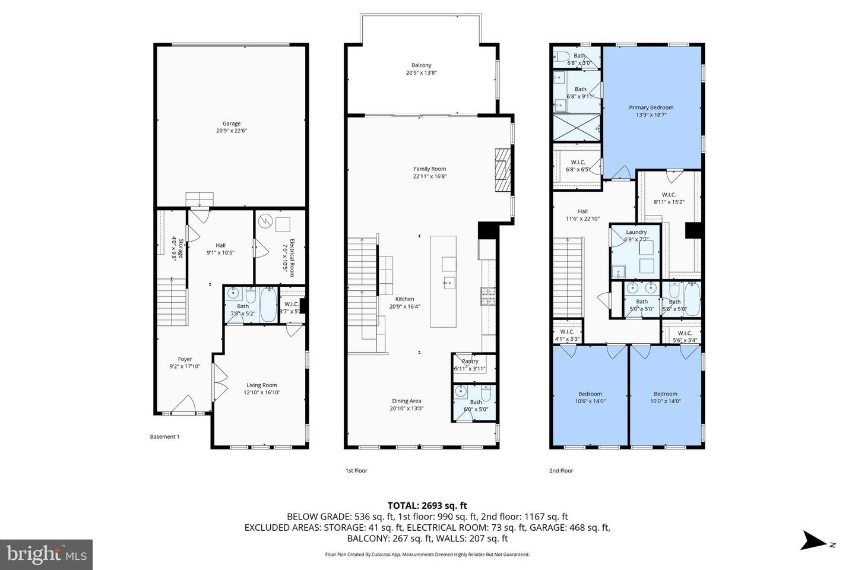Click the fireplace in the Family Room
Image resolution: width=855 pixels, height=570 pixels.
pyautogui.click(x=502, y=170)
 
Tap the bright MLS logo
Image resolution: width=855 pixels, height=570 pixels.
pyautogui.click(x=46, y=555)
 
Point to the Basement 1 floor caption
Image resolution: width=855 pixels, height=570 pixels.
pyautogui.click(x=164, y=436)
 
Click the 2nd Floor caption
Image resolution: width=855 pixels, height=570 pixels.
pyautogui.click(x=561, y=471)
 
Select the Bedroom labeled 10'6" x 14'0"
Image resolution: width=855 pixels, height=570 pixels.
pyautogui.click(x=590, y=397)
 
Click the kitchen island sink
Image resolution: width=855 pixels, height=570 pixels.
pyautogui.click(x=448, y=282)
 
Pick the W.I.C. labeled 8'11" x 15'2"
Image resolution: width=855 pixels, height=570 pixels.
pyautogui.click(x=669, y=198)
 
